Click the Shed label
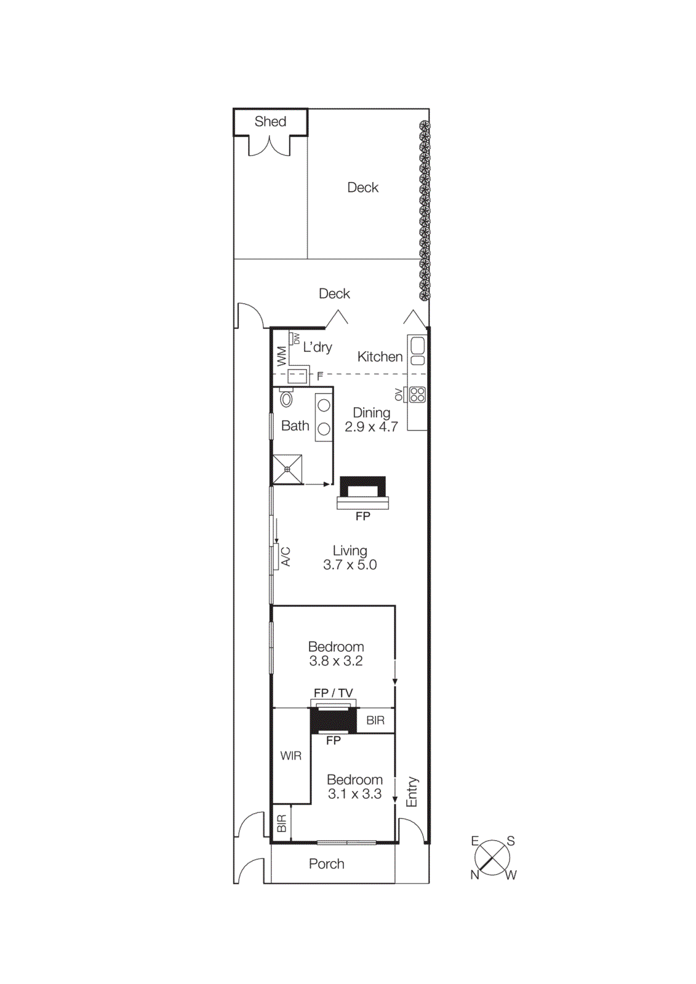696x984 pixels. click(x=270, y=122)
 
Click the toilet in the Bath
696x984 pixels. click(x=286, y=399)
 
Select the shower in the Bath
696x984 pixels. click(x=287, y=469)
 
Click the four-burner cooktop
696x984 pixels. click(x=417, y=394)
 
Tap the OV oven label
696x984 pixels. click(x=399, y=394)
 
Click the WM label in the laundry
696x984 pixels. click(x=281, y=356)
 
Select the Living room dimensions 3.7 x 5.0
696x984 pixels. click(x=350, y=565)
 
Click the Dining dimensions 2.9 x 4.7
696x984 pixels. click(x=371, y=427)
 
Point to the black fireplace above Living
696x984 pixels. click(x=362, y=487)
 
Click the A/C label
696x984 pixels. click(x=286, y=557)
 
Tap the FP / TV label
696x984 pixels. click(x=333, y=693)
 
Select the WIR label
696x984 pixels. click(x=290, y=756)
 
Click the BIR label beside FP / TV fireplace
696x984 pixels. click(x=375, y=720)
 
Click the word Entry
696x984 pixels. click(x=412, y=792)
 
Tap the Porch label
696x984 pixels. click(x=326, y=864)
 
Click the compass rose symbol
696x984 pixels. click(x=492, y=857)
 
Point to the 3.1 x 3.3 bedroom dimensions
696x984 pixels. click(x=354, y=794)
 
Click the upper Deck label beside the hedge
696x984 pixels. click(x=362, y=188)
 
